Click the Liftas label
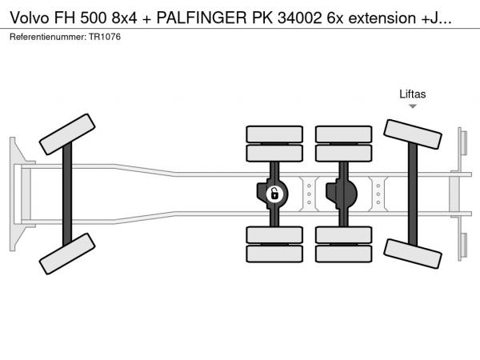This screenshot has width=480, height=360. tap(413, 94)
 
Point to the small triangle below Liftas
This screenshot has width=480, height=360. tap(413, 106)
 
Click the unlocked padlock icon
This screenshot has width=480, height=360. tap(274, 193)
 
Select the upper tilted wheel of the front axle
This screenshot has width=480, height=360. tap(67, 134)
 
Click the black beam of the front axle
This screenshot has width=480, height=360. tap(68, 194)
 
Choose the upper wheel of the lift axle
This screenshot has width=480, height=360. tap(413, 134)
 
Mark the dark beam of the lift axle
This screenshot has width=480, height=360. tap(413, 193)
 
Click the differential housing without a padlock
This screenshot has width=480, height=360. tap(342, 193)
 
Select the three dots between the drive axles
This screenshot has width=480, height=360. tap(309, 193)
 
